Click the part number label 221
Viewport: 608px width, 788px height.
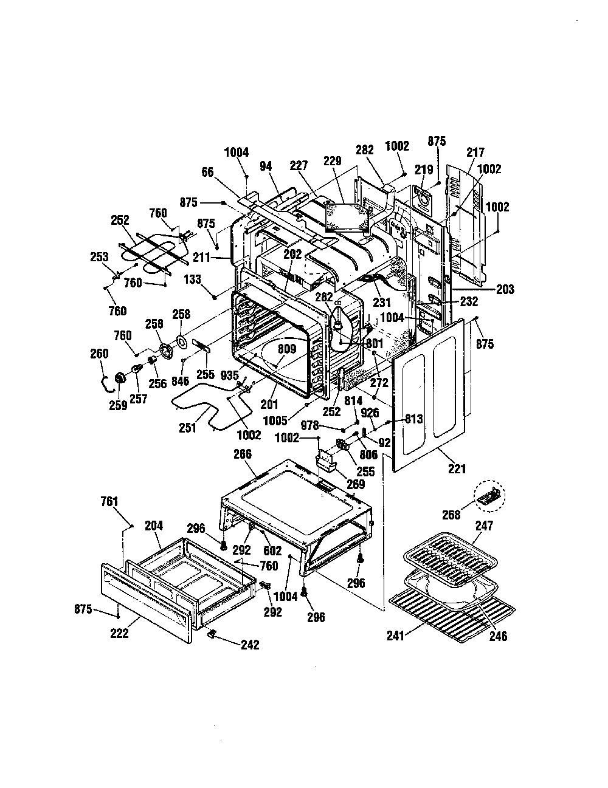click(x=457, y=469)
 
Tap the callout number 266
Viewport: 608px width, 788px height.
click(x=243, y=454)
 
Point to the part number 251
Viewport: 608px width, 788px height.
click(x=187, y=428)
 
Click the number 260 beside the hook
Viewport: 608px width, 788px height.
click(x=99, y=354)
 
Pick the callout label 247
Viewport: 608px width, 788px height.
click(x=485, y=526)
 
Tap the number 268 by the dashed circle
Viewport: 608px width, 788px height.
click(x=451, y=515)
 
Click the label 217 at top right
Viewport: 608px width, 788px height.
click(x=475, y=152)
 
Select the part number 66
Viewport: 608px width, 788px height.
click(x=208, y=173)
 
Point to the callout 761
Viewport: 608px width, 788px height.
click(x=109, y=502)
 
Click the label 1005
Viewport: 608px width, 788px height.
click(x=275, y=421)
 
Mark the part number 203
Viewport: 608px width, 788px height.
click(x=505, y=289)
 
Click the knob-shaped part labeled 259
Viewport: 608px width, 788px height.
click(x=120, y=379)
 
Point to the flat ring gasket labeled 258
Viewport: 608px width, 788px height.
click(x=181, y=341)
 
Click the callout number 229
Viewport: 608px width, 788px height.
click(x=332, y=162)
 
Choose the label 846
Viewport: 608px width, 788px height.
click(x=181, y=381)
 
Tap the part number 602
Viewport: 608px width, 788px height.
click(x=272, y=551)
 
